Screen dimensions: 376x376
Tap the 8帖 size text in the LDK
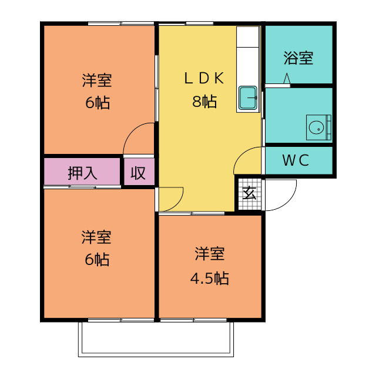pyautogui.click(x=204, y=101)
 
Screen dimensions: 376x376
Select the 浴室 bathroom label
pyautogui.click(x=298, y=58)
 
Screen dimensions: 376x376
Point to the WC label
pyautogui.click(x=296, y=160)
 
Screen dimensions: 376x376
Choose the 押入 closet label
pyautogui.click(x=82, y=173)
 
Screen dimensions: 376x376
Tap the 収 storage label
pyautogui.click(x=138, y=173)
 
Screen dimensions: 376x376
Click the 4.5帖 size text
pyautogui.click(x=209, y=278)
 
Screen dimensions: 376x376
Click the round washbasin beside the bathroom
pyautogui.click(x=316, y=127)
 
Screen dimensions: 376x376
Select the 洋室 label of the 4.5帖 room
pyautogui.click(x=210, y=254)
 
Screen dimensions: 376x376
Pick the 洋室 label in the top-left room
pyautogui.click(x=97, y=80)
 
